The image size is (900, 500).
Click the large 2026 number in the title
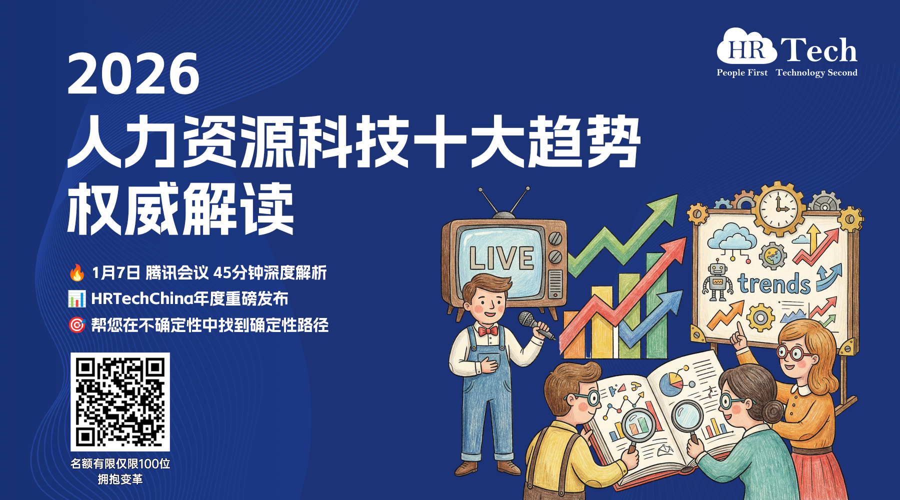[133, 74]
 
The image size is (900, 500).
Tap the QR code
[120, 402]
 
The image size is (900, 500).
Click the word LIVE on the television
[501, 258]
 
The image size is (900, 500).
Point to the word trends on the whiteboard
[773, 283]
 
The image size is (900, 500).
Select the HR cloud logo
[746, 46]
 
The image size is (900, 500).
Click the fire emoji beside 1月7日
[76, 272]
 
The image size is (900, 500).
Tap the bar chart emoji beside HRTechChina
[76, 298]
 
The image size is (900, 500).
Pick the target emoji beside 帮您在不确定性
[76, 325]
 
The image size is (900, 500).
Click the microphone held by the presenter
[535, 324]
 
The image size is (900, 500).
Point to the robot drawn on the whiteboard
[717, 281]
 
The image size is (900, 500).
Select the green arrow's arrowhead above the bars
[663, 210]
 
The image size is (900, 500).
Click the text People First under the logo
[742, 72]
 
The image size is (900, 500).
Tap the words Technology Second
[816, 73]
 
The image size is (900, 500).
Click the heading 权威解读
[180, 209]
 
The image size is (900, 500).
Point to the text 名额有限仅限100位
[120, 463]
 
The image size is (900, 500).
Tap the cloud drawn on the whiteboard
[731, 236]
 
